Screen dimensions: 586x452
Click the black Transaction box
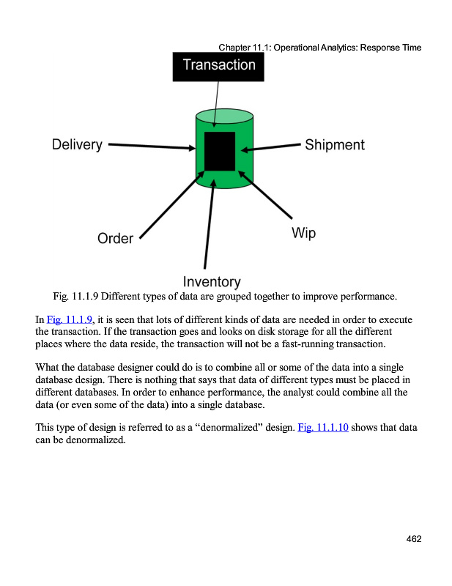(x=218, y=65)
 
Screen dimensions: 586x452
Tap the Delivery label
(x=77, y=144)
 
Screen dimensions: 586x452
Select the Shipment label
(x=334, y=145)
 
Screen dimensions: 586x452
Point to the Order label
(x=115, y=239)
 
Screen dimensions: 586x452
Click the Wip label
(x=303, y=233)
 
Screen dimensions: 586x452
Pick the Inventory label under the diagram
(x=211, y=281)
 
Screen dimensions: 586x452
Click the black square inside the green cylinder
(x=220, y=151)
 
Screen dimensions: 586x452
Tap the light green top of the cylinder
(x=225, y=116)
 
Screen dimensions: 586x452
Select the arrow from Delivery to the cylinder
(x=151, y=146)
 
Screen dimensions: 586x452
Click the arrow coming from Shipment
(x=271, y=148)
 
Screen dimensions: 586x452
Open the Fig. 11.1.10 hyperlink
(x=323, y=427)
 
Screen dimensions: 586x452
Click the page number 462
(x=414, y=539)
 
